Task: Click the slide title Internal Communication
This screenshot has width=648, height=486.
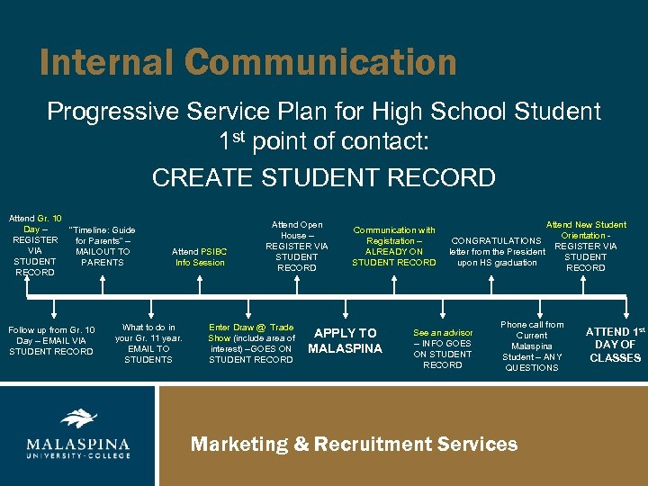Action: click(247, 63)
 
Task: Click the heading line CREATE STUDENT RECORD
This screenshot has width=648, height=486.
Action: click(324, 177)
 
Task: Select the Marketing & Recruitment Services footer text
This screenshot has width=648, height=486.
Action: click(354, 444)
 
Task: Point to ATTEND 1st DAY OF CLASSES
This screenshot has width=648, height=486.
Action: click(616, 345)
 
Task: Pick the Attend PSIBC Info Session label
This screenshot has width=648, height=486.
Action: click(200, 256)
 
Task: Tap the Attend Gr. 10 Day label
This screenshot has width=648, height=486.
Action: click(35, 245)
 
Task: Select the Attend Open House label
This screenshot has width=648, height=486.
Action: click(297, 246)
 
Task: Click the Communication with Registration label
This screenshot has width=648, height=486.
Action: click(394, 247)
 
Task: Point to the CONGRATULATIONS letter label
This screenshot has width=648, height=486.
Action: click(497, 251)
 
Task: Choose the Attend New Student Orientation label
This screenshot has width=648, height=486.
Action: click(586, 246)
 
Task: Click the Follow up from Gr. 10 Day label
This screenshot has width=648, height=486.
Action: click(51, 340)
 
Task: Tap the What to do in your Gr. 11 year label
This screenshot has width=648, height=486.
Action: click(148, 343)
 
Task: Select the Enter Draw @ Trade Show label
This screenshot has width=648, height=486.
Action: click(251, 343)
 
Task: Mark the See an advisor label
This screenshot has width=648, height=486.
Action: click(443, 348)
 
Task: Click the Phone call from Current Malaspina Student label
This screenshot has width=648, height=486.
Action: click(532, 346)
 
